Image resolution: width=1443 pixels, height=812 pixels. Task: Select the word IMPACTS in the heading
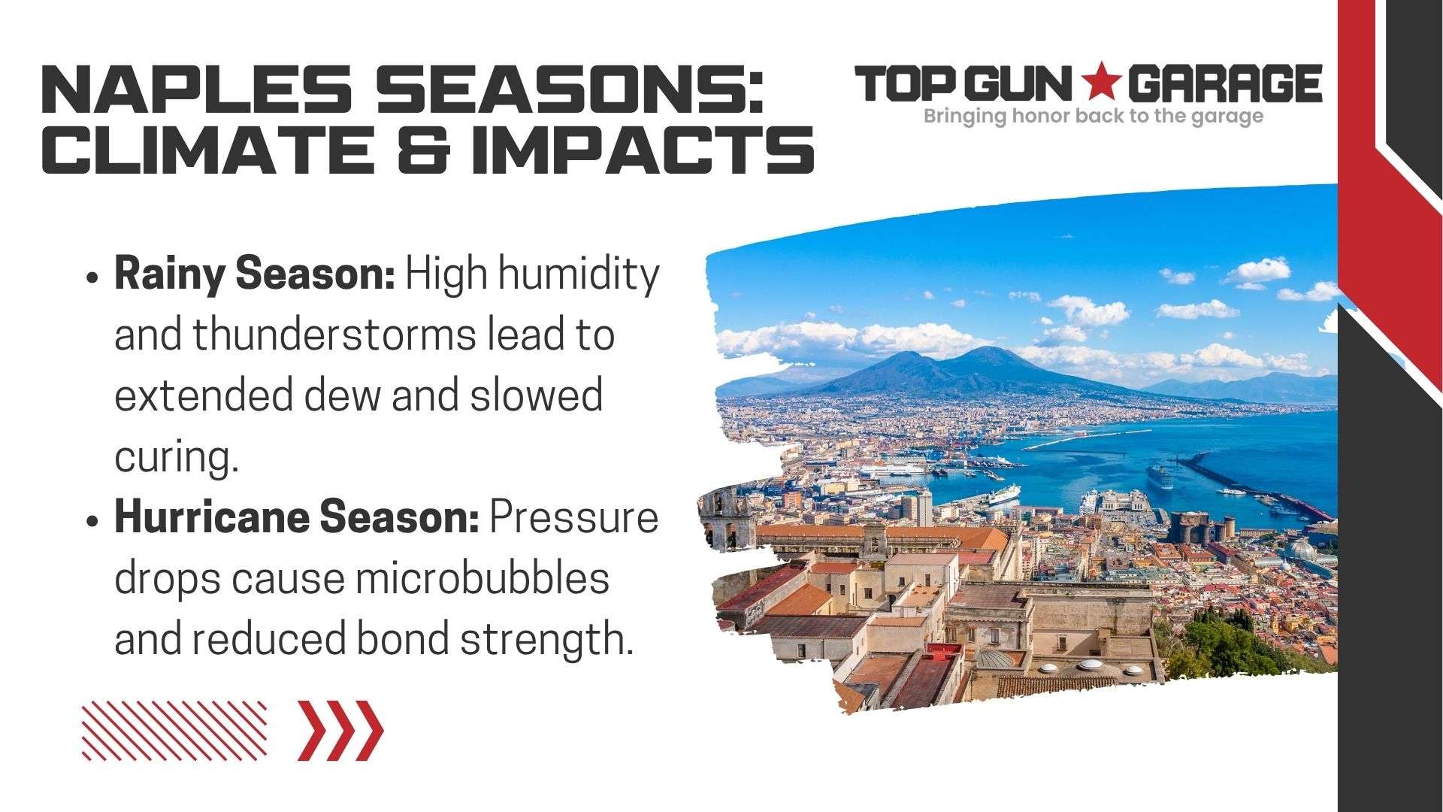[642, 150]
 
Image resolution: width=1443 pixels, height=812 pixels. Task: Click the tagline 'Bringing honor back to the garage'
[1093, 117]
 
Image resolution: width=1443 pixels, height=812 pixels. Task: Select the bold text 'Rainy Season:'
[255, 274]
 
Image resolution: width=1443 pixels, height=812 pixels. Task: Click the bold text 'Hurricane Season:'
[296, 517]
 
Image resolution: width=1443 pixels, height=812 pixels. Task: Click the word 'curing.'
[177, 457]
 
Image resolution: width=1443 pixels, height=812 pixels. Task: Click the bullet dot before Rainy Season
[92, 277]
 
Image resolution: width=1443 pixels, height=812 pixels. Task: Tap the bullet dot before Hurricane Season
[92, 520]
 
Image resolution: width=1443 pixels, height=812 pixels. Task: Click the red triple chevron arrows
[340, 730]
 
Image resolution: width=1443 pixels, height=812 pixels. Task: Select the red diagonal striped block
[174, 730]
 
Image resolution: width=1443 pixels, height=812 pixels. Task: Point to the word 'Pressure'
[573, 517]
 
